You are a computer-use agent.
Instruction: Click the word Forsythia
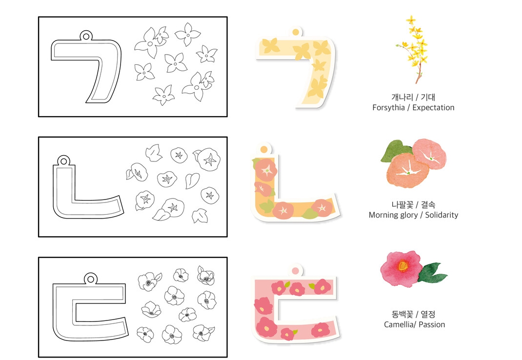(388, 108)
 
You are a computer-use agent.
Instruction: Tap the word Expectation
(433, 108)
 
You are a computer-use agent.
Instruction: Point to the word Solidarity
(442, 215)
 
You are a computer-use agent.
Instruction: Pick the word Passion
(432, 324)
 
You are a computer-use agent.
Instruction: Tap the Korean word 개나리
(402, 97)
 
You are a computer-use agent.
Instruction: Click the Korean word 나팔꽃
(402, 204)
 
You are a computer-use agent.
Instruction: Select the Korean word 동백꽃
(402, 314)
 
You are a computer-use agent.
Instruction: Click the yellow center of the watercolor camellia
(402, 266)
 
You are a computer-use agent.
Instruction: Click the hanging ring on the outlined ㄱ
(86, 36)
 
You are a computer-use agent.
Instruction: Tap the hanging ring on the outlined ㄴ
(63, 161)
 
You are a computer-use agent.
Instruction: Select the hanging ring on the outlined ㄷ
(90, 279)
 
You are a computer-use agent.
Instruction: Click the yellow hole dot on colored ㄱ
(295, 32)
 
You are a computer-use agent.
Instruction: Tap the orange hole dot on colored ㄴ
(264, 149)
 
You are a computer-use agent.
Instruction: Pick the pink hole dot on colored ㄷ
(295, 270)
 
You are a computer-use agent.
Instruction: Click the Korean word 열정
(428, 314)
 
